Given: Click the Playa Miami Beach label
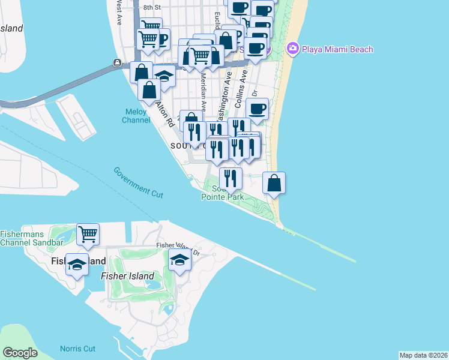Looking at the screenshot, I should click(337, 49).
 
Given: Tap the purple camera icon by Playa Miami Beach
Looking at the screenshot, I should click(292, 48).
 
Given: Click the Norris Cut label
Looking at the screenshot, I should click(77, 349).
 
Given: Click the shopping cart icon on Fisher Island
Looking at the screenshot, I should click(88, 235).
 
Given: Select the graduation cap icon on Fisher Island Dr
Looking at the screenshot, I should click(179, 260).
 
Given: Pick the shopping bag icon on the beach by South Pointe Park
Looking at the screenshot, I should click(274, 183).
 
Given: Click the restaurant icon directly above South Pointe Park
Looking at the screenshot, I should click(230, 178).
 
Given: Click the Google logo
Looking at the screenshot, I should click(19, 353).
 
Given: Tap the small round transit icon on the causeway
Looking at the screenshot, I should click(116, 63).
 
